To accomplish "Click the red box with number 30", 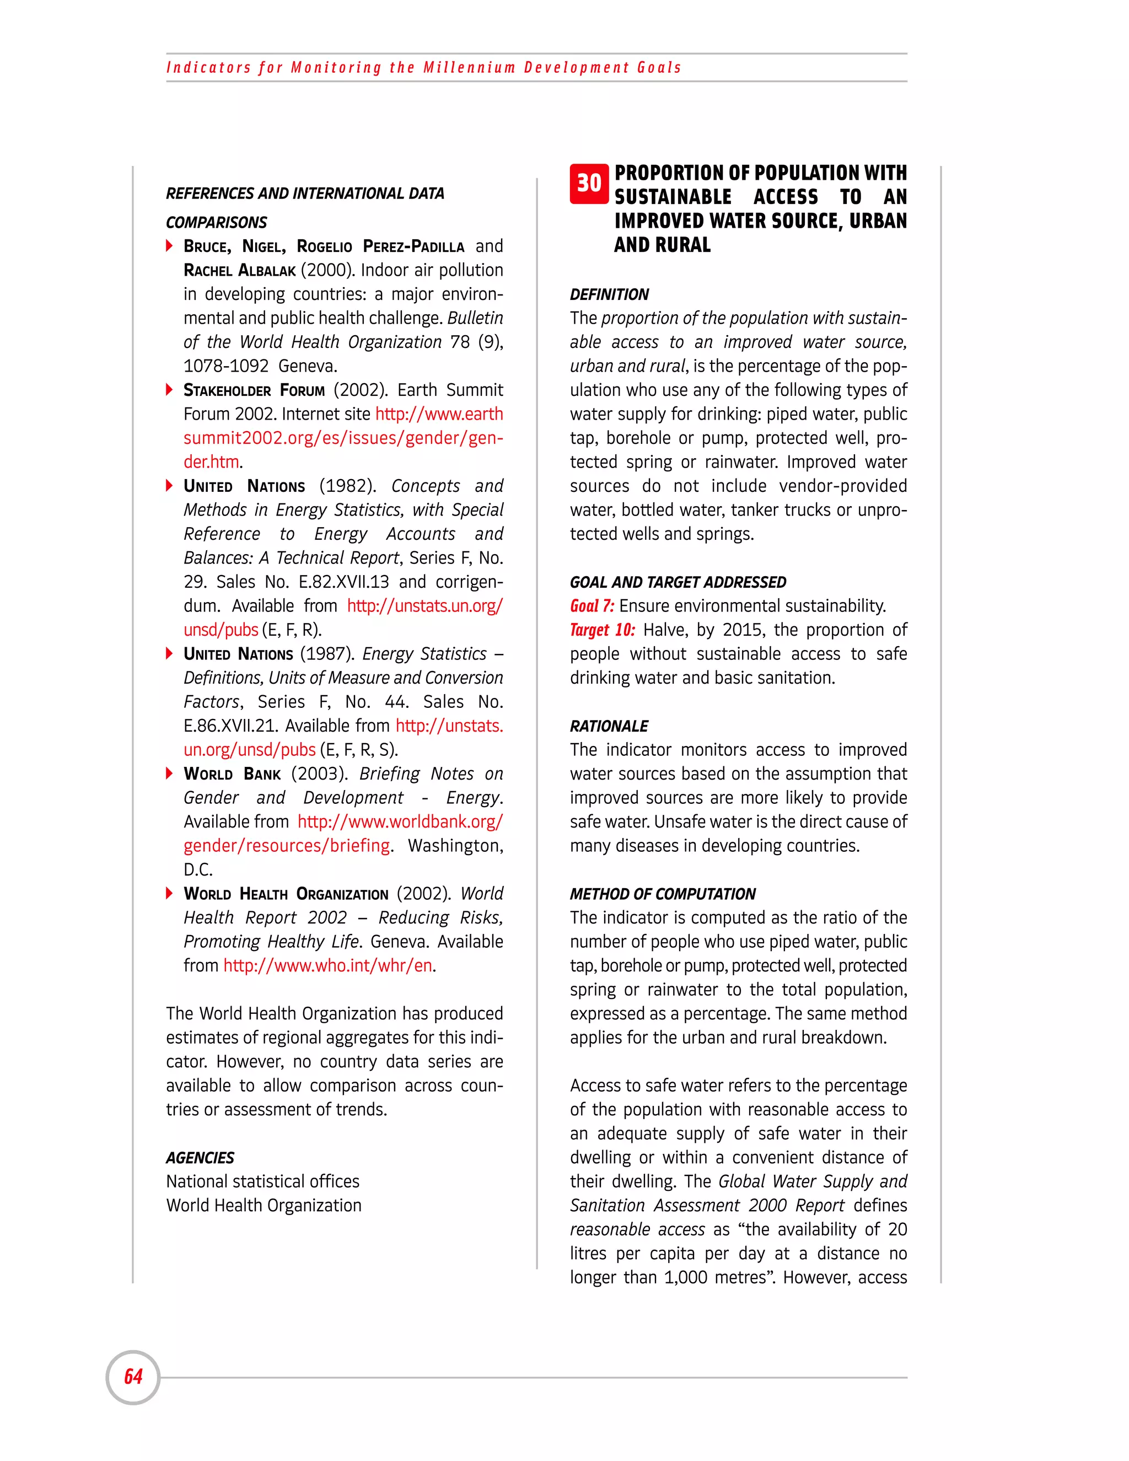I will click(x=589, y=183).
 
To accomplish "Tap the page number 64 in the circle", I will click(x=133, y=1377).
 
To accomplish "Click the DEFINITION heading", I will click(x=609, y=294).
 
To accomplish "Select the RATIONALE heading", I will click(x=609, y=726).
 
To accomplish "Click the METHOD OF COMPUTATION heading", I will click(x=662, y=894).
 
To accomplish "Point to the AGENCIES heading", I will click(x=200, y=1157).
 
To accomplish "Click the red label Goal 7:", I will click(x=592, y=606).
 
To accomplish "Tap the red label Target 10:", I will click(x=602, y=630).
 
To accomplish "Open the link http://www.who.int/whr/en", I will click(x=328, y=965).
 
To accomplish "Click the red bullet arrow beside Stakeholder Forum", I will click(x=170, y=389).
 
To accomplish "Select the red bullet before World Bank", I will click(x=170, y=774).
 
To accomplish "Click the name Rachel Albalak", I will click(x=239, y=270).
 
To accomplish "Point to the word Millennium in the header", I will click(x=469, y=68).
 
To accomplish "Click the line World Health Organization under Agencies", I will click(x=264, y=1205).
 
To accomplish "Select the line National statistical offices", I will click(x=263, y=1181).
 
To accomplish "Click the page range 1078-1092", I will click(x=226, y=366).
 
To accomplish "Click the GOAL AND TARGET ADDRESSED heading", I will click(x=678, y=582).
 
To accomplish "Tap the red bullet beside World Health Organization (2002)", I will click(x=170, y=893).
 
